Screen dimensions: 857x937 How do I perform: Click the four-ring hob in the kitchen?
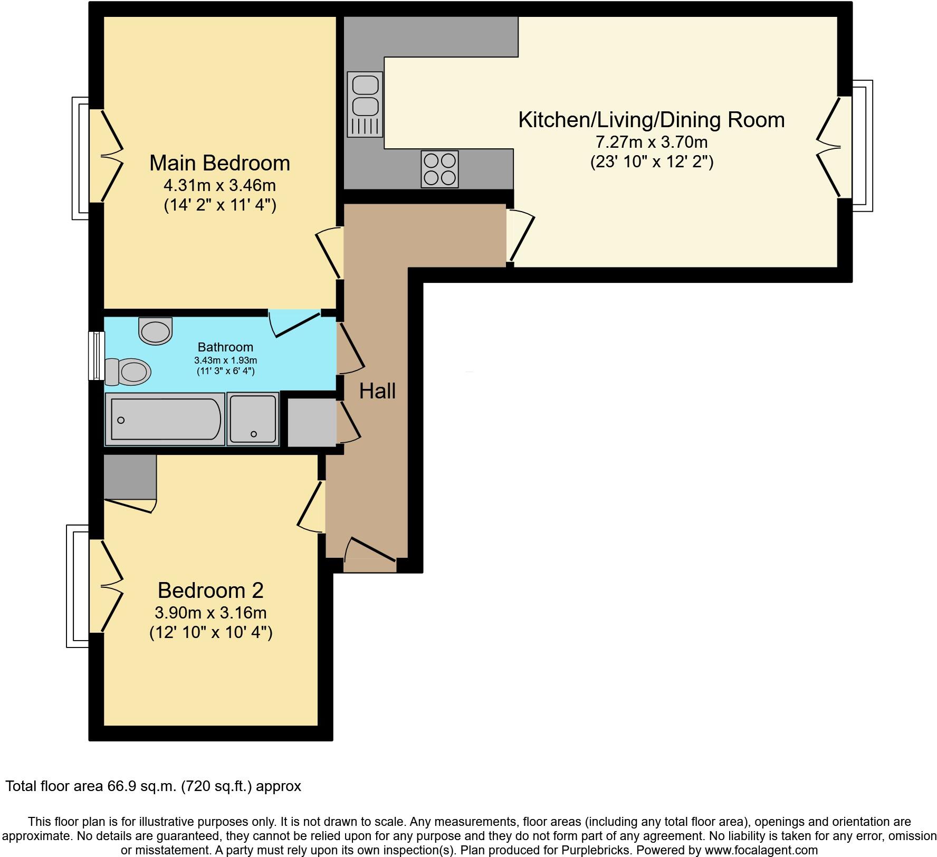pyautogui.click(x=439, y=169)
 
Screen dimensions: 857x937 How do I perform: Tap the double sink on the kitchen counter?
pyautogui.click(x=365, y=104)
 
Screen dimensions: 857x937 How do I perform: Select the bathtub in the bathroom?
pyautogui.click(x=165, y=419)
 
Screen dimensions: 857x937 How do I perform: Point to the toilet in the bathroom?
pyautogui.click(x=128, y=372)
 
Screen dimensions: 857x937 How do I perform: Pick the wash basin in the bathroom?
pyautogui.click(x=156, y=331)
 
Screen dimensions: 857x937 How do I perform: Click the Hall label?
pyautogui.click(x=377, y=391)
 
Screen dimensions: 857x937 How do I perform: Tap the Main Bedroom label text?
pyautogui.click(x=219, y=163)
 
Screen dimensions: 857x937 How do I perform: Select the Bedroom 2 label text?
pyautogui.click(x=211, y=590)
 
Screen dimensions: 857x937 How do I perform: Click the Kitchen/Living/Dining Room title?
pyautogui.click(x=651, y=120)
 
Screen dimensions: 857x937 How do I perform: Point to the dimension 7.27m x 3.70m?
pyautogui.click(x=651, y=142)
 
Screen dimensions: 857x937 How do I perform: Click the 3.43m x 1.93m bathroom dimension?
pyautogui.click(x=225, y=360)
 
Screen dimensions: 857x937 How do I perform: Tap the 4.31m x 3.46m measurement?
pyautogui.click(x=219, y=185)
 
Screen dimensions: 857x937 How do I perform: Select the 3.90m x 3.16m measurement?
pyautogui.click(x=211, y=613)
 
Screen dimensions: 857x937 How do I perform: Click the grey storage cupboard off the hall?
pyautogui.click(x=311, y=422)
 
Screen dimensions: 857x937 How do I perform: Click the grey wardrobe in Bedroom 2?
pyautogui.click(x=130, y=476)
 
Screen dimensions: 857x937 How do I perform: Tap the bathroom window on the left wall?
pyautogui.click(x=96, y=355)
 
